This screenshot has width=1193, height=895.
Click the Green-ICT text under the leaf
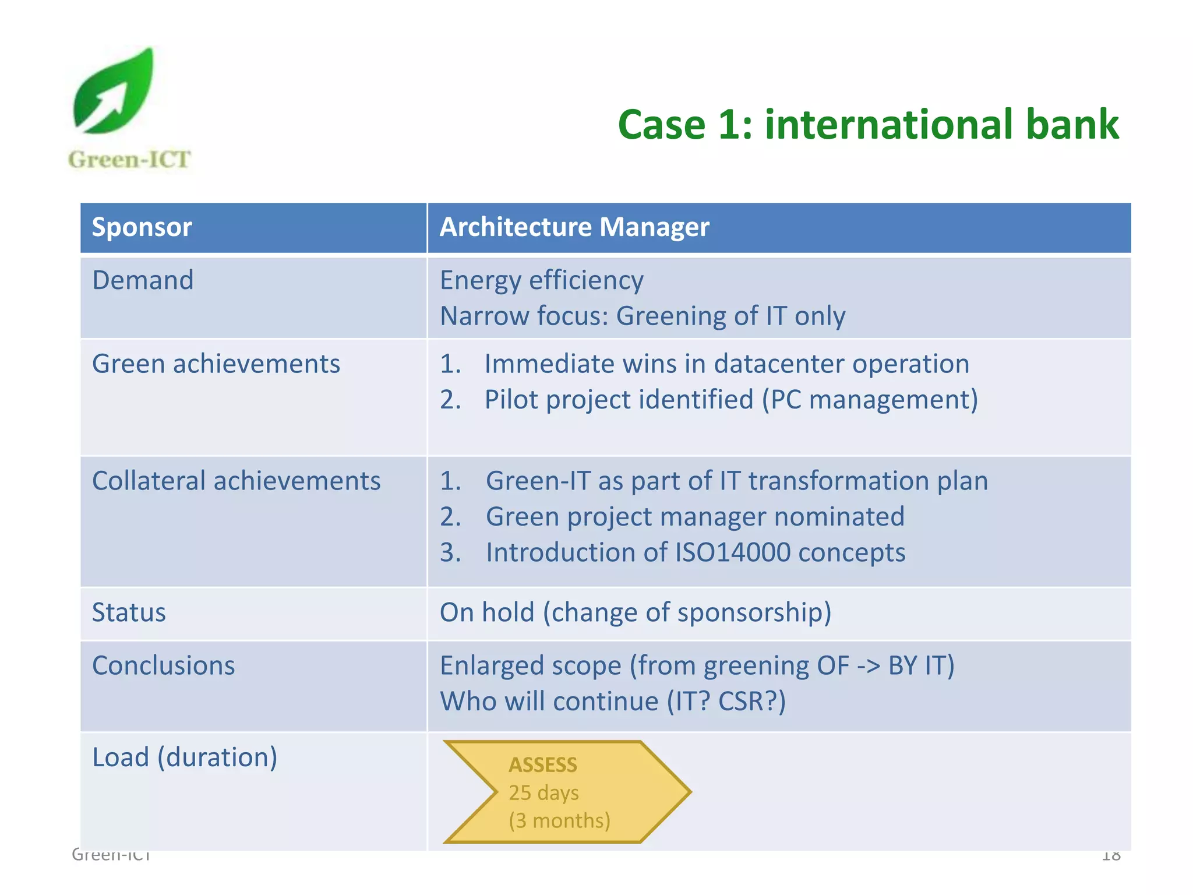click(x=129, y=160)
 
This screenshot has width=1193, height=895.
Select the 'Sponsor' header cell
click(x=142, y=227)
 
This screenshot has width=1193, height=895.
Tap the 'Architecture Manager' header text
click(x=574, y=227)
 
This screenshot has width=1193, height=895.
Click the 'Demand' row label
click(x=143, y=280)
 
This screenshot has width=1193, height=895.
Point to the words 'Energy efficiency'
click(x=542, y=280)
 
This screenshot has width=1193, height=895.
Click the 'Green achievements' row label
click(x=216, y=364)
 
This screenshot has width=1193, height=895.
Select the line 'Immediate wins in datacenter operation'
click(x=726, y=364)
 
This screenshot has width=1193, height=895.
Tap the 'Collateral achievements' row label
click(x=236, y=481)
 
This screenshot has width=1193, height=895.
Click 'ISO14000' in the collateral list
click(x=732, y=552)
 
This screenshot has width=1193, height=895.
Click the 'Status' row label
click(x=129, y=613)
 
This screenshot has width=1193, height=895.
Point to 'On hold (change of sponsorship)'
click(x=635, y=613)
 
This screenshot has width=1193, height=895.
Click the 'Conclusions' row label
click(x=163, y=666)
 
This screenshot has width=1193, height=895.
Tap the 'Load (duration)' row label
click(x=185, y=757)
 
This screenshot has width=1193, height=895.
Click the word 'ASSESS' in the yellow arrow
click(x=543, y=765)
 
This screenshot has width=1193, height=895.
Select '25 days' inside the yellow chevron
click(x=543, y=793)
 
